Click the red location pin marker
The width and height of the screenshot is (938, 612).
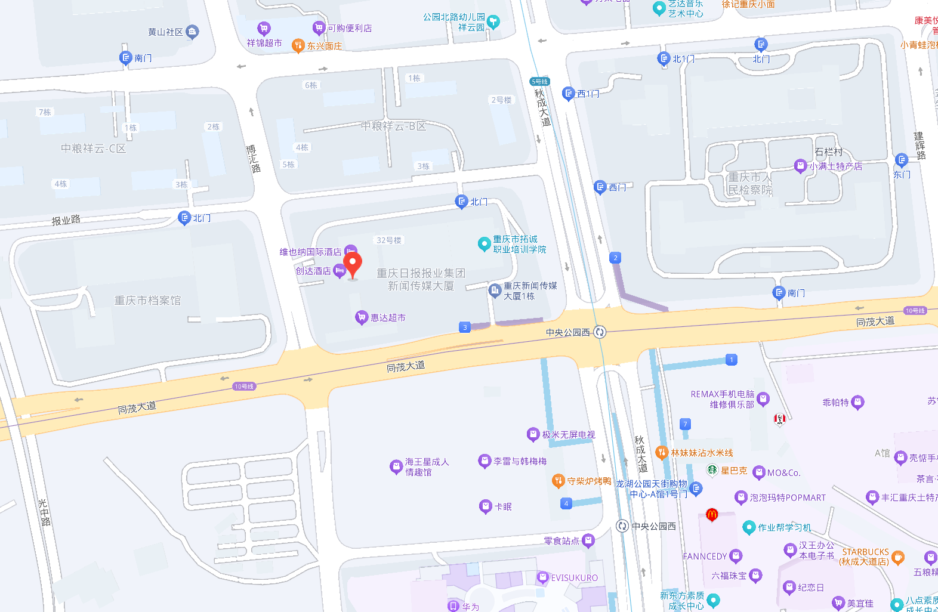[x=353, y=264]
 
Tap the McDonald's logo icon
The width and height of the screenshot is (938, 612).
[x=711, y=514]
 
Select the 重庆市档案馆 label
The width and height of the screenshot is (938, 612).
[x=147, y=301]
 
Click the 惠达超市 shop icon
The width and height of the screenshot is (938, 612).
[x=361, y=317]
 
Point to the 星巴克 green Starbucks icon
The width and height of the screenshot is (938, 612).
[x=712, y=470]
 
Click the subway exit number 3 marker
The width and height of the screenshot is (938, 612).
[x=465, y=327]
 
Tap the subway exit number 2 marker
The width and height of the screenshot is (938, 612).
[x=615, y=258]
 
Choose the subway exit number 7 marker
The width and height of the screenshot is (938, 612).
[x=685, y=424]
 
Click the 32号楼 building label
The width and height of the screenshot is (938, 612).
[x=389, y=240]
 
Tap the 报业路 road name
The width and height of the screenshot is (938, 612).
[x=66, y=220]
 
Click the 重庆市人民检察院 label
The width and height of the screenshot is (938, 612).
[x=750, y=184]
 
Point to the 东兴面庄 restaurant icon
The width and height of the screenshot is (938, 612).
[x=298, y=45]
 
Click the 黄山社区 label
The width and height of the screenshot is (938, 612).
[x=165, y=32]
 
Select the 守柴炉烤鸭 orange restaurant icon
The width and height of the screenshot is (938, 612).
[x=558, y=481]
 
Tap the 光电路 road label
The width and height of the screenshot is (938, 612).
[x=44, y=512]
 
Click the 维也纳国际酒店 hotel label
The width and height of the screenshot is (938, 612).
[x=310, y=252]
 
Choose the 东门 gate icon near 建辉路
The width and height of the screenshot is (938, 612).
[x=902, y=160]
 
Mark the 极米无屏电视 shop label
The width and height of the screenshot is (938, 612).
[x=569, y=435]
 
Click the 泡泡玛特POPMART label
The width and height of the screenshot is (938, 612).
[x=788, y=497]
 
